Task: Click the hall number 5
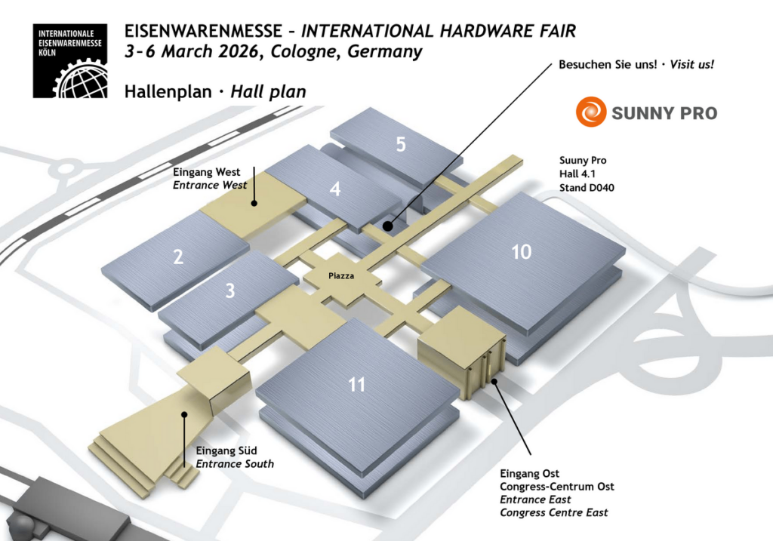click(401, 143)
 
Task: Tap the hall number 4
click(335, 189)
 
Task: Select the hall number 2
click(178, 257)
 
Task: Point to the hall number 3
click(230, 290)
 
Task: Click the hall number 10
click(522, 251)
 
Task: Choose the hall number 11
click(356, 385)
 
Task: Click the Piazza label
click(341, 276)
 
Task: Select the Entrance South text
click(235, 463)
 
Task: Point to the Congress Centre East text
click(554, 512)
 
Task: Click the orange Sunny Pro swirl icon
click(590, 112)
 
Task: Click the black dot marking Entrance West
click(255, 202)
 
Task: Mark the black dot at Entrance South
click(183, 413)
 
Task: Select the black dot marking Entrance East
click(494, 381)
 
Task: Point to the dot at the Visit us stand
click(386, 225)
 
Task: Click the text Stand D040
click(587, 187)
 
